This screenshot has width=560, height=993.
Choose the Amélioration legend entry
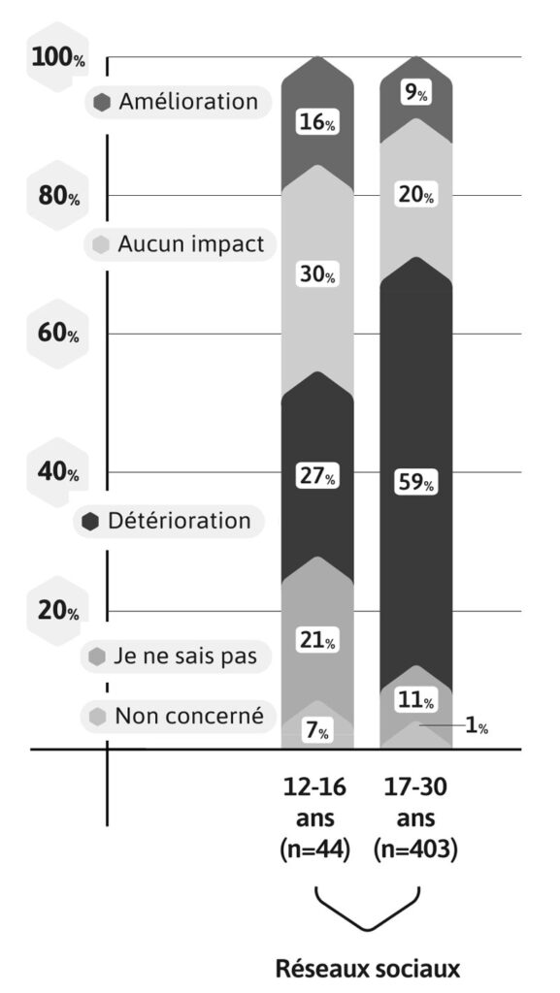[x=177, y=102]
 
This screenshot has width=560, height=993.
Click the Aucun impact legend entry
[x=177, y=245]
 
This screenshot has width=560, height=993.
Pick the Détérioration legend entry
[x=169, y=521]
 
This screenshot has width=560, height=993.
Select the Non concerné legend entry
[x=177, y=717]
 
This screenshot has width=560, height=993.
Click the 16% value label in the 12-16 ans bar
[x=316, y=123]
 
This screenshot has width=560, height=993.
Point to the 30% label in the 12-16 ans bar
[x=316, y=275]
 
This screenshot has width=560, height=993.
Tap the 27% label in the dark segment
[x=316, y=477]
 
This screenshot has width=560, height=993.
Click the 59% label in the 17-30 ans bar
[x=415, y=482]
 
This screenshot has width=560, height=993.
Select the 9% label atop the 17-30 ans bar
[x=415, y=94]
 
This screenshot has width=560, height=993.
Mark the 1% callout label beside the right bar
[x=477, y=726]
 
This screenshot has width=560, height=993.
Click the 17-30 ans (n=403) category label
[x=415, y=817]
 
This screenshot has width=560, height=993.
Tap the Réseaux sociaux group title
[x=366, y=967]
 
